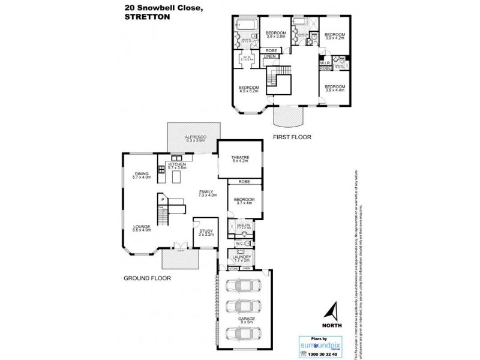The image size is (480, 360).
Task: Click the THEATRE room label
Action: (240, 158)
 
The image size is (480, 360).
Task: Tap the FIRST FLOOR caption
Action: (293, 137)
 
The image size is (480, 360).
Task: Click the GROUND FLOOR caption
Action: (148, 278)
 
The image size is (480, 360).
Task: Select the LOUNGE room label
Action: (142, 228)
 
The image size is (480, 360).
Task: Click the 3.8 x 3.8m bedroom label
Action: (277, 34)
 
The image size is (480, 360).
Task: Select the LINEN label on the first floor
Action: (271, 57)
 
